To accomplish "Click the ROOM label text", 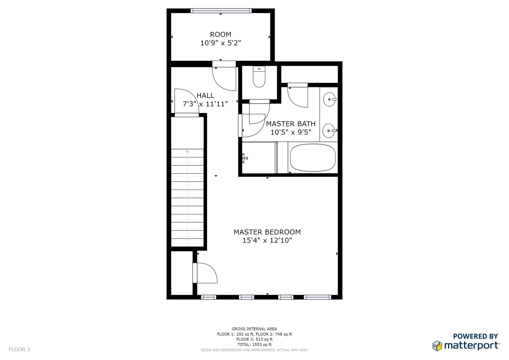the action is pos(220,35).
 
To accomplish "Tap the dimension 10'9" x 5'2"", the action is pos(220,43).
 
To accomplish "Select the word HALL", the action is pos(205,95).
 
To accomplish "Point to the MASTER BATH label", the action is pos(291,124).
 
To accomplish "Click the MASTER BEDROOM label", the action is pos(267,232).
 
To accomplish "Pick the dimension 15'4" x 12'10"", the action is pos(267,240).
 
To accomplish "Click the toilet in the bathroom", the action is pos(259,77).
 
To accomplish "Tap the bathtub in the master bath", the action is pos(313,158).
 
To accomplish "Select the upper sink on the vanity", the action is pos(330,99).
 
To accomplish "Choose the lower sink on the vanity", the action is pos(329,131).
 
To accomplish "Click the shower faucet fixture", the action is pos(245,158).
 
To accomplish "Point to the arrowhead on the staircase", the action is pos(187,151).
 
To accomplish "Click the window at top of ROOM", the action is pos(221,11).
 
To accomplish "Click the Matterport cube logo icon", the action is pos(437,346).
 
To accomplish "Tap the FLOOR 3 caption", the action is pos(19,349).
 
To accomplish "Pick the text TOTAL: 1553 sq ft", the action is pos(254,345).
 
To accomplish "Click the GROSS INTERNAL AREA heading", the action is pos(254,329).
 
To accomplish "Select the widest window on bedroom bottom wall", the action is pos(317,297).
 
